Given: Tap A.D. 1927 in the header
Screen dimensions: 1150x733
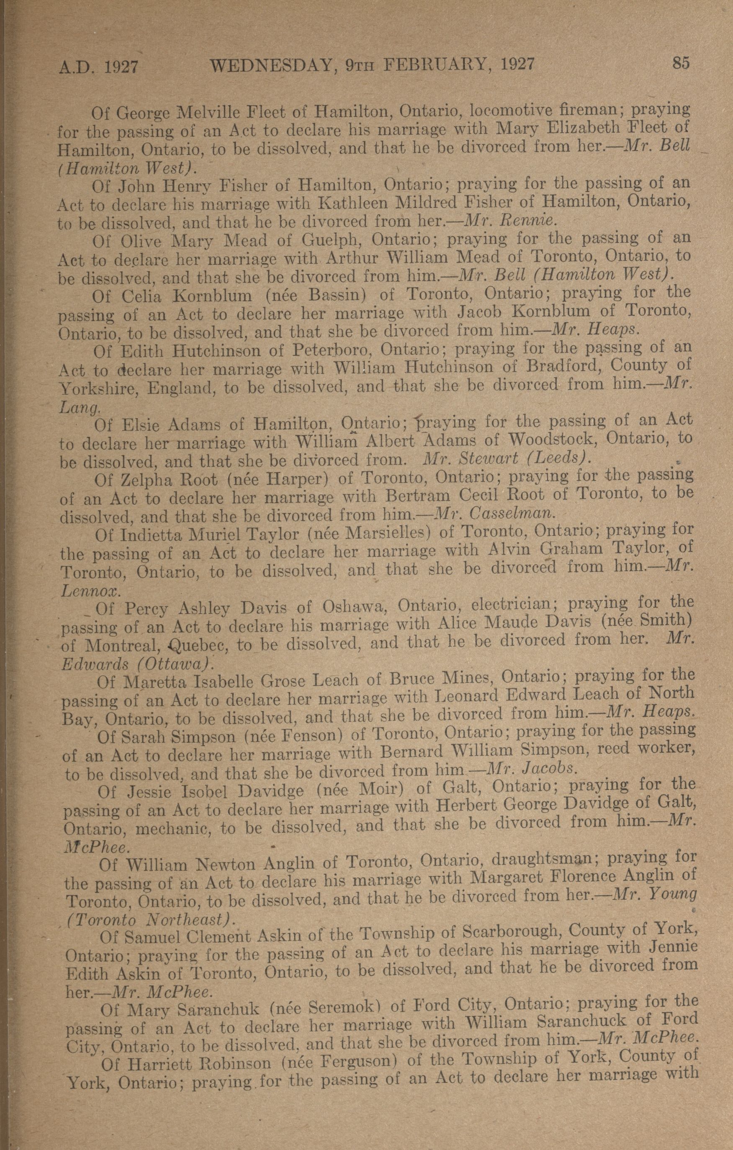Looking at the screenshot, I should pos(98,67).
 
